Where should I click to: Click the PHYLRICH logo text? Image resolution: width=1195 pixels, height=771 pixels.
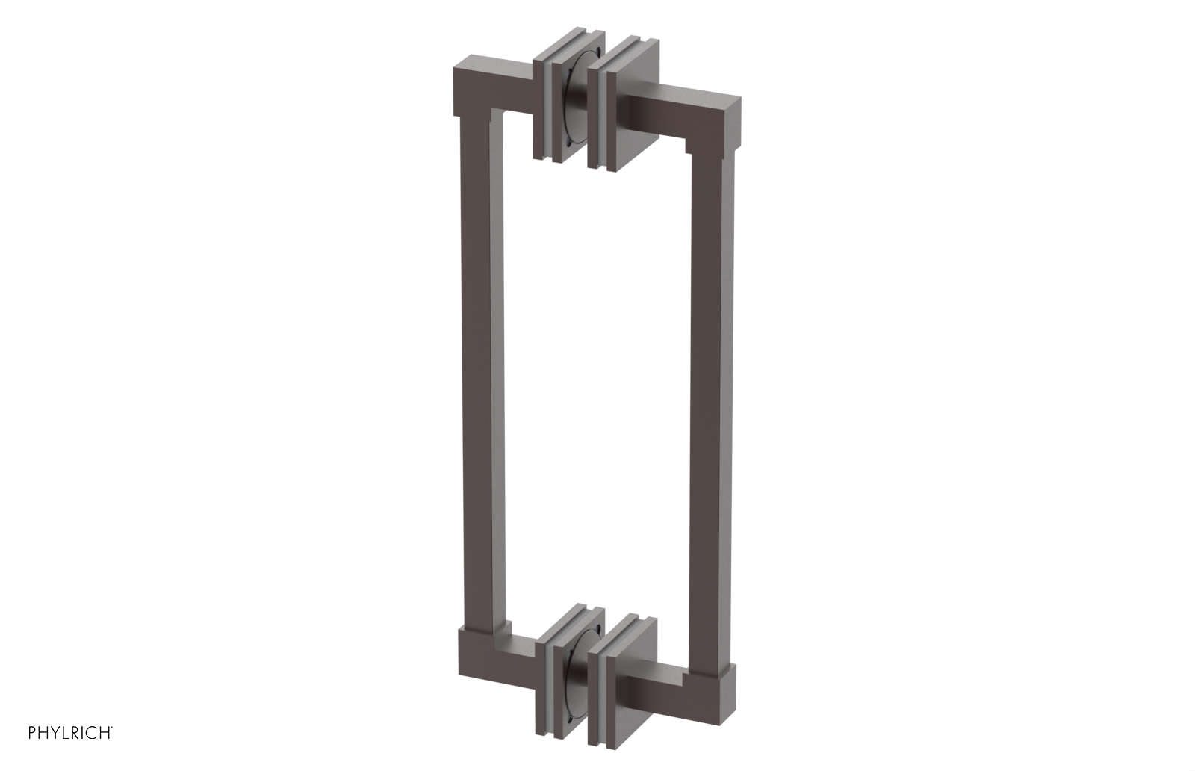[x=70, y=733]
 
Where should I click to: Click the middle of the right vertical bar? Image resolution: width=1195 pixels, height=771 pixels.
[x=711, y=403]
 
